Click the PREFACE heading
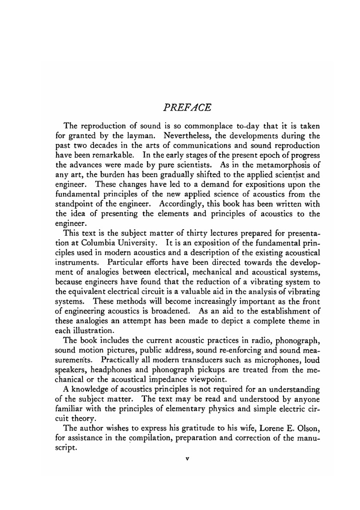tap(187, 108)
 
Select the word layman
tap(141, 136)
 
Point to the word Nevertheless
tap(187, 136)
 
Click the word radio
tap(260, 340)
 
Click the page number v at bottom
tap(187, 459)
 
